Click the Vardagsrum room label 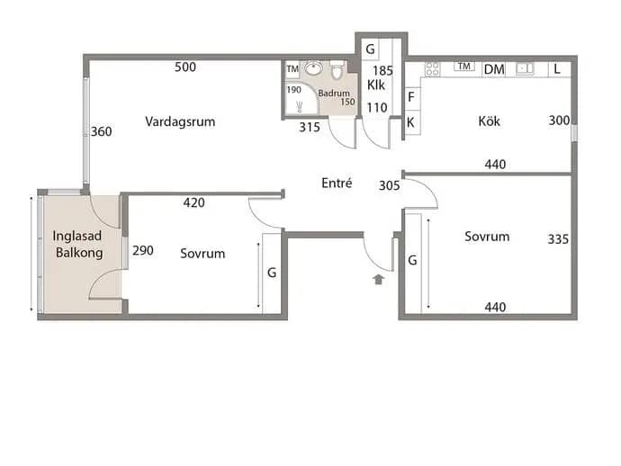tap(180, 121)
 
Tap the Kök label tap(489, 121)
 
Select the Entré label tap(337, 183)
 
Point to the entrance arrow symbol tap(379, 279)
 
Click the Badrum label tap(334, 94)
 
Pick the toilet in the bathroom tap(337, 69)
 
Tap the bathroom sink tap(314, 68)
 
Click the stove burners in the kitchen tap(433, 68)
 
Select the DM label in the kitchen tap(494, 69)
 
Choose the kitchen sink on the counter tap(526, 69)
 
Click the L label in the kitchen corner tap(557, 69)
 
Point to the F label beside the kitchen tap(411, 96)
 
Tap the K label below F tap(410, 122)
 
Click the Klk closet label tap(376, 85)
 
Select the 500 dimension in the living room tap(185, 67)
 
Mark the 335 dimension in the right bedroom tap(558, 238)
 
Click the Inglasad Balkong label tap(78, 244)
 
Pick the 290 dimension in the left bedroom tap(143, 250)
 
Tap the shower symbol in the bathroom tap(300, 106)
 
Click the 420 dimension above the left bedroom tap(194, 202)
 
